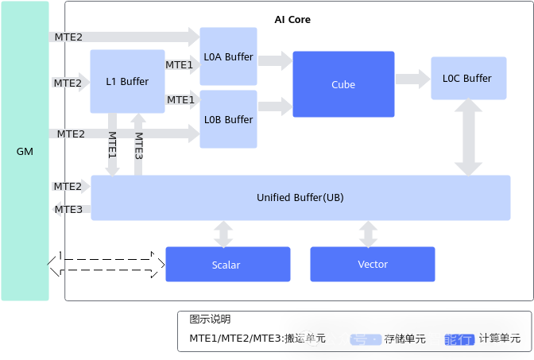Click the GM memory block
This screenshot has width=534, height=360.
(x=25, y=151)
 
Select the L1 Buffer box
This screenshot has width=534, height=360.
(x=127, y=81)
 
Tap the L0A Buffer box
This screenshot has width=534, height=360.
(x=228, y=56)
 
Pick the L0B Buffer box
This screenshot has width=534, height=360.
(x=228, y=119)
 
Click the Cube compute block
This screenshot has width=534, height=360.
(x=343, y=84)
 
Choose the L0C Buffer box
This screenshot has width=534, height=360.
(x=468, y=78)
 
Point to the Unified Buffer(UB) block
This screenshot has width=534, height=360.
(x=300, y=197)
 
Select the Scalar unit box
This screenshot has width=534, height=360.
(x=227, y=265)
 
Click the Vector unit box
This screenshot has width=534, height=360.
(x=372, y=265)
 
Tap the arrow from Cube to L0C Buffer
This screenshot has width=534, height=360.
(x=412, y=78)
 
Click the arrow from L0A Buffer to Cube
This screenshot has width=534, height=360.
(x=275, y=60)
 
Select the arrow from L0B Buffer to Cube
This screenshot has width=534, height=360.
(x=275, y=104)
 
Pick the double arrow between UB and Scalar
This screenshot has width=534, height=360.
(x=223, y=234)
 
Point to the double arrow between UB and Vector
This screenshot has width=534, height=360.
(x=368, y=234)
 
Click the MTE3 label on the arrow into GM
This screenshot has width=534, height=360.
(x=68, y=209)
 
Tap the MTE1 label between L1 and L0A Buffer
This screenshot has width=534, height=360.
(x=180, y=64)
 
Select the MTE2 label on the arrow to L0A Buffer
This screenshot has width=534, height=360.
(x=68, y=37)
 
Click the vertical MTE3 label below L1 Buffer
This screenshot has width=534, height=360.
(x=138, y=145)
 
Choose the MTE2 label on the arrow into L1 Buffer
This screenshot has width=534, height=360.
(x=68, y=83)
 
